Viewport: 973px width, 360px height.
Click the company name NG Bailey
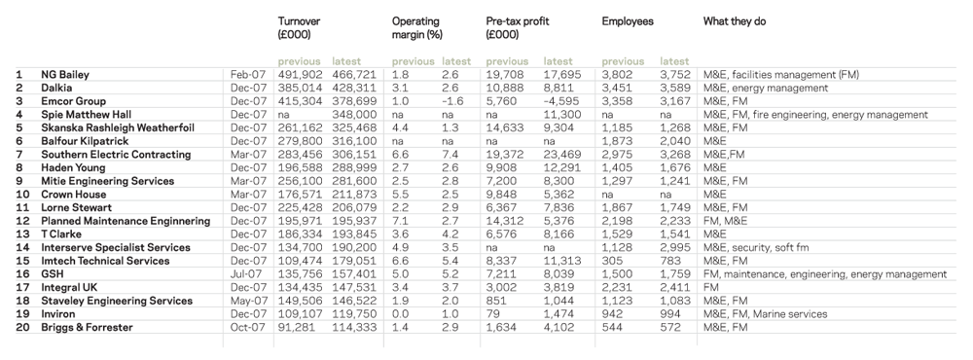pyautogui.click(x=65, y=75)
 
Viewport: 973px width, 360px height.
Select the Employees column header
pyautogui.click(x=628, y=21)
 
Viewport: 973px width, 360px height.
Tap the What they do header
pyautogui.click(x=734, y=21)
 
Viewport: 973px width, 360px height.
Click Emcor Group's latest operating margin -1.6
pyautogui.click(x=451, y=101)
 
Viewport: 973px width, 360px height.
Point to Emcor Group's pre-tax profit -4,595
pyautogui.click(x=561, y=101)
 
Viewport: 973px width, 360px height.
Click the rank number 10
pyautogui.click(x=22, y=195)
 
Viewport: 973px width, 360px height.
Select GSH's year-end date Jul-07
pyautogui.click(x=247, y=273)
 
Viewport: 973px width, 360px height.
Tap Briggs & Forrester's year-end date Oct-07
pyautogui.click(x=248, y=327)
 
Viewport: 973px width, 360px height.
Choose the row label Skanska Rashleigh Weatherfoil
pyautogui.click(x=118, y=127)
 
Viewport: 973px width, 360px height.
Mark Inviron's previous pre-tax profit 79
pyautogui.click(x=492, y=314)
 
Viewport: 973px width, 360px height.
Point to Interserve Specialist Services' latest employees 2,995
pyautogui.click(x=674, y=248)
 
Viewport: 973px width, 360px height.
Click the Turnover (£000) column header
pyautogui.click(x=299, y=28)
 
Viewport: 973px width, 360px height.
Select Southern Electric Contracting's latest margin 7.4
pyautogui.click(x=450, y=155)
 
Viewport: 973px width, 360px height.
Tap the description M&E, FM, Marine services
pyautogui.click(x=765, y=314)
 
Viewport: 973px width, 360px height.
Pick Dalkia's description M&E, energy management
pyautogui.click(x=765, y=89)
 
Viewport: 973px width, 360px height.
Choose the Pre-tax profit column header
pyautogui.click(x=518, y=28)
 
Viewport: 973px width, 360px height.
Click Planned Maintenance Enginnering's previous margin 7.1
pyautogui.click(x=400, y=221)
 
